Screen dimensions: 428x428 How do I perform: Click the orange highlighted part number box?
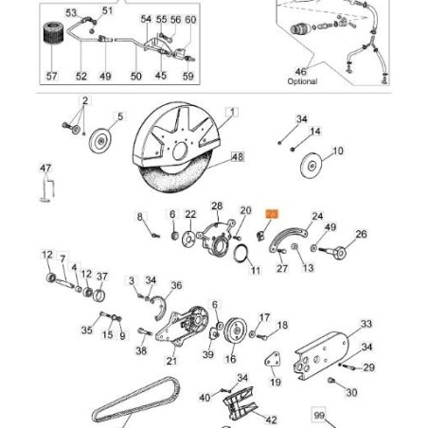click(x=272, y=214)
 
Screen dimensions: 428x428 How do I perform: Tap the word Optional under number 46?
click(x=302, y=81)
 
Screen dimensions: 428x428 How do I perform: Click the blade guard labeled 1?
click(x=176, y=135)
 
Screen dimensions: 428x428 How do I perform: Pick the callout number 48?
click(x=238, y=156)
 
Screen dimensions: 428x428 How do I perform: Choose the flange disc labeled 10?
click(x=312, y=166)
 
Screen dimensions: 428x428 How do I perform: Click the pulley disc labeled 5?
click(x=100, y=140)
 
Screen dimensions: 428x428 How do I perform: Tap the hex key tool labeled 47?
click(x=47, y=188)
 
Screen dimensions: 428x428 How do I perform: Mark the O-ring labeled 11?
click(x=241, y=253)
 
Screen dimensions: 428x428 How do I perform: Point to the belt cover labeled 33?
click(x=321, y=355)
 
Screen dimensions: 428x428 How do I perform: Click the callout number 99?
click(x=319, y=416)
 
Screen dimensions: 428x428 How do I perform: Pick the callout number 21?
click(x=171, y=360)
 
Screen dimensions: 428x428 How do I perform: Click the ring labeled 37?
click(x=99, y=295)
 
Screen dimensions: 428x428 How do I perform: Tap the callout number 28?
click(x=217, y=206)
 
